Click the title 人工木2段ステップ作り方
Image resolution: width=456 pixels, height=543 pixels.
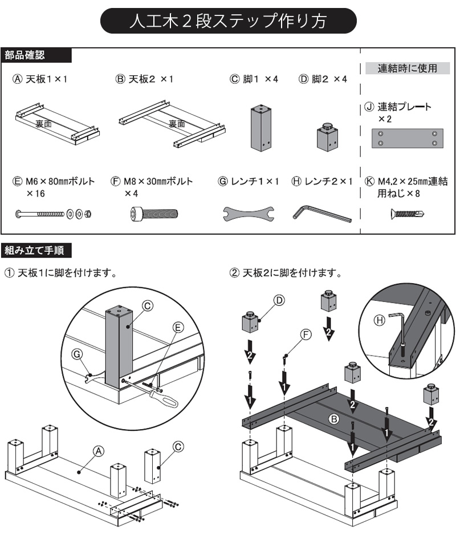(x=229, y=21)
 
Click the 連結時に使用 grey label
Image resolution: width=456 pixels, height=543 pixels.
(x=408, y=68)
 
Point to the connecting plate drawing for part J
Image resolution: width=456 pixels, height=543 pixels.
(x=407, y=138)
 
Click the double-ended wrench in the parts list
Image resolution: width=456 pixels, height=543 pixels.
(x=249, y=214)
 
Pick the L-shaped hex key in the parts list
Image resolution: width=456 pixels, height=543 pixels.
(x=322, y=214)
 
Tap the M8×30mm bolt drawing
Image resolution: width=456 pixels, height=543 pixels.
(x=154, y=214)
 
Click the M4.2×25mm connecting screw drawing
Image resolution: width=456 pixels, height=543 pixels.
(x=407, y=213)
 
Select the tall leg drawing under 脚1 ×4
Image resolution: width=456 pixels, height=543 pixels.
(x=260, y=129)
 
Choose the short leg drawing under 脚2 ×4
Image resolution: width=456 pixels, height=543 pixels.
(x=327, y=137)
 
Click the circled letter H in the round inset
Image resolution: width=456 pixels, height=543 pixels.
(x=380, y=320)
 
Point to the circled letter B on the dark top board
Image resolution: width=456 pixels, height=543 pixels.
(x=333, y=419)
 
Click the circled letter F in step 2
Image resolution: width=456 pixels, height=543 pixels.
(x=306, y=334)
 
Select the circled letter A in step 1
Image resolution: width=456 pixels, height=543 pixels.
(x=99, y=451)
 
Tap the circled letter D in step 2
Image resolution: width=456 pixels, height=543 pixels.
(x=279, y=300)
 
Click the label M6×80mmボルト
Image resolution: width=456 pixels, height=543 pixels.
(x=60, y=181)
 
